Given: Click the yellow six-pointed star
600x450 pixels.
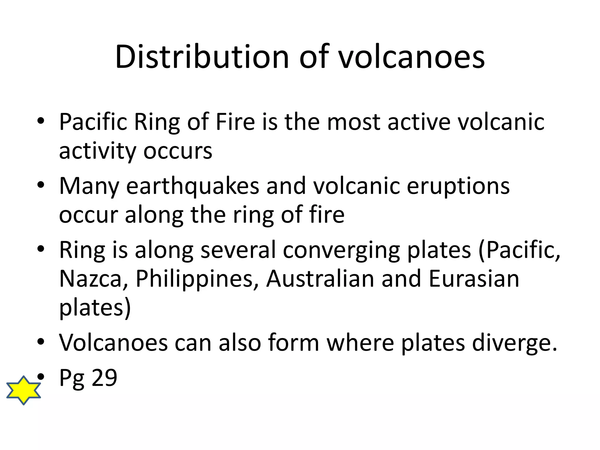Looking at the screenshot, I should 23,390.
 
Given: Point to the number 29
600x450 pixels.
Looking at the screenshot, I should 104,378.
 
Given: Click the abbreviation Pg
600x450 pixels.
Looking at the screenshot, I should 72,379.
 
